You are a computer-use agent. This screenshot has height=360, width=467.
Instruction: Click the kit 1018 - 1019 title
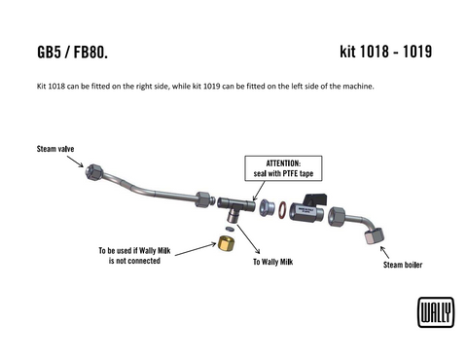386,51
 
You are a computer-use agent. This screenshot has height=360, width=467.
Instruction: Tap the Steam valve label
55,149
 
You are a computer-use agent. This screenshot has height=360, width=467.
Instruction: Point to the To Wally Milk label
273,262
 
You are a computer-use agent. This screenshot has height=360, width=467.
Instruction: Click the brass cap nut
225,241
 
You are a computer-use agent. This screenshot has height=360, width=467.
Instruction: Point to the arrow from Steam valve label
77,160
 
